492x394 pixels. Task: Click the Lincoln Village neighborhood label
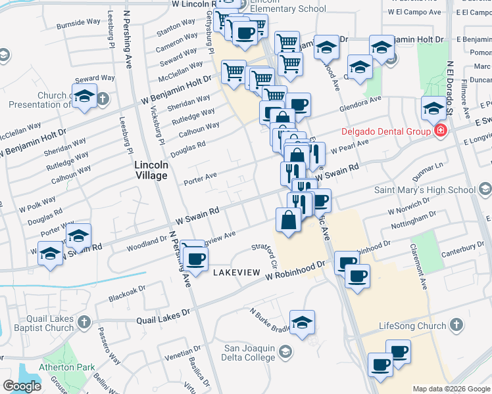(x=151, y=171)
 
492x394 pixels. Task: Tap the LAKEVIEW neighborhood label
(x=231, y=272)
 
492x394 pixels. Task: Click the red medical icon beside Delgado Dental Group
(x=440, y=131)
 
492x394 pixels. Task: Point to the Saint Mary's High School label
(x=425, y=190)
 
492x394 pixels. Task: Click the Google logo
(x=22, y=385)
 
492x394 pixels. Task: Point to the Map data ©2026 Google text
(x=450, y=389)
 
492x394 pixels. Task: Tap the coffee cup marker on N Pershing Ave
(x=193, y=257)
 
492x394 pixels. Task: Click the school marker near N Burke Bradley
(x=302, y=323)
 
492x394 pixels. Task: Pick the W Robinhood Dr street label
(x=296, y=270)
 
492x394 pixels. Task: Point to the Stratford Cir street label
(x=268, y=253)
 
